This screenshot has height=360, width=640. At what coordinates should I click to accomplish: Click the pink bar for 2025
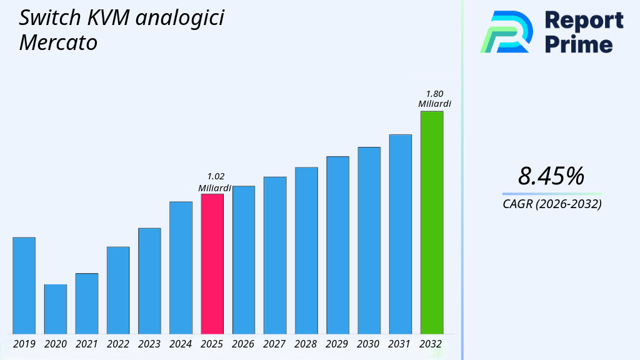(212, 264)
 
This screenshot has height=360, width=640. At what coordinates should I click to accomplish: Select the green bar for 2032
(431, 222)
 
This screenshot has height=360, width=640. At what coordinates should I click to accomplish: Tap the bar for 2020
(55, 309)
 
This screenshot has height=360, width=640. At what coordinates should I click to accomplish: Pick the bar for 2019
(24, 286)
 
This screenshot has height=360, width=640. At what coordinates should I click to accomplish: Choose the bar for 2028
(306, 250)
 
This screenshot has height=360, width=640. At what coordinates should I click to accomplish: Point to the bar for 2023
(149, 281)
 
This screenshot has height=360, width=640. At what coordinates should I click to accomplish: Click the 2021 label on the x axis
(87, 344)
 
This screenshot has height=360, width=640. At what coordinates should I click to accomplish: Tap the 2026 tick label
(243, 344)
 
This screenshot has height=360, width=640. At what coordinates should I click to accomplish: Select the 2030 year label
(369, 344)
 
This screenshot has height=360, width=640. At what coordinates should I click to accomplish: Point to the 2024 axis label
(181, 344)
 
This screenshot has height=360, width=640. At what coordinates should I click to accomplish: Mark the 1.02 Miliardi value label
(215, 182)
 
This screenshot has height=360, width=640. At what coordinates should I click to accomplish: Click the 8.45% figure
(551, 176)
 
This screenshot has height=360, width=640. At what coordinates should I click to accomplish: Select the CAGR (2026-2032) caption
(552, 204)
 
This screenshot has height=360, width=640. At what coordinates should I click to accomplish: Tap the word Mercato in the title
(58, 42)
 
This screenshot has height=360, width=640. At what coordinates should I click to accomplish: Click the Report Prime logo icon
(506, 32)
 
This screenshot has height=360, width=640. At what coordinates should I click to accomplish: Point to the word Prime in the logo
(579, 44)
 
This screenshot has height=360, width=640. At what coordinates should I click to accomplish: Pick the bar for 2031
(400, 234)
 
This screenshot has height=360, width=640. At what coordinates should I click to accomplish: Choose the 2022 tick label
(118, 344)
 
